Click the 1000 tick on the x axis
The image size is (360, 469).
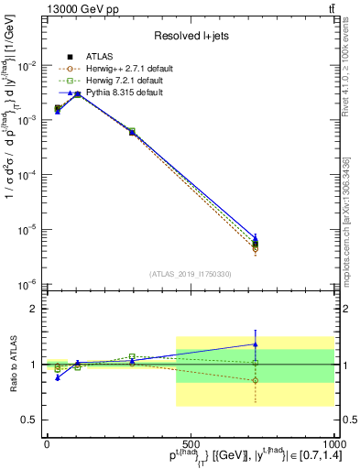(333, 442)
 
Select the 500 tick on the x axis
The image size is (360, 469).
(191, 442)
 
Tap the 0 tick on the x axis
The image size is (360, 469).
(47, 442)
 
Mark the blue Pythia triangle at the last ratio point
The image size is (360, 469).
(256, 344)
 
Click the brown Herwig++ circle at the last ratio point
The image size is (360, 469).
(256, 380)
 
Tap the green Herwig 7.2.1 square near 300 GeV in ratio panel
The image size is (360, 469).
(132, 356)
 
